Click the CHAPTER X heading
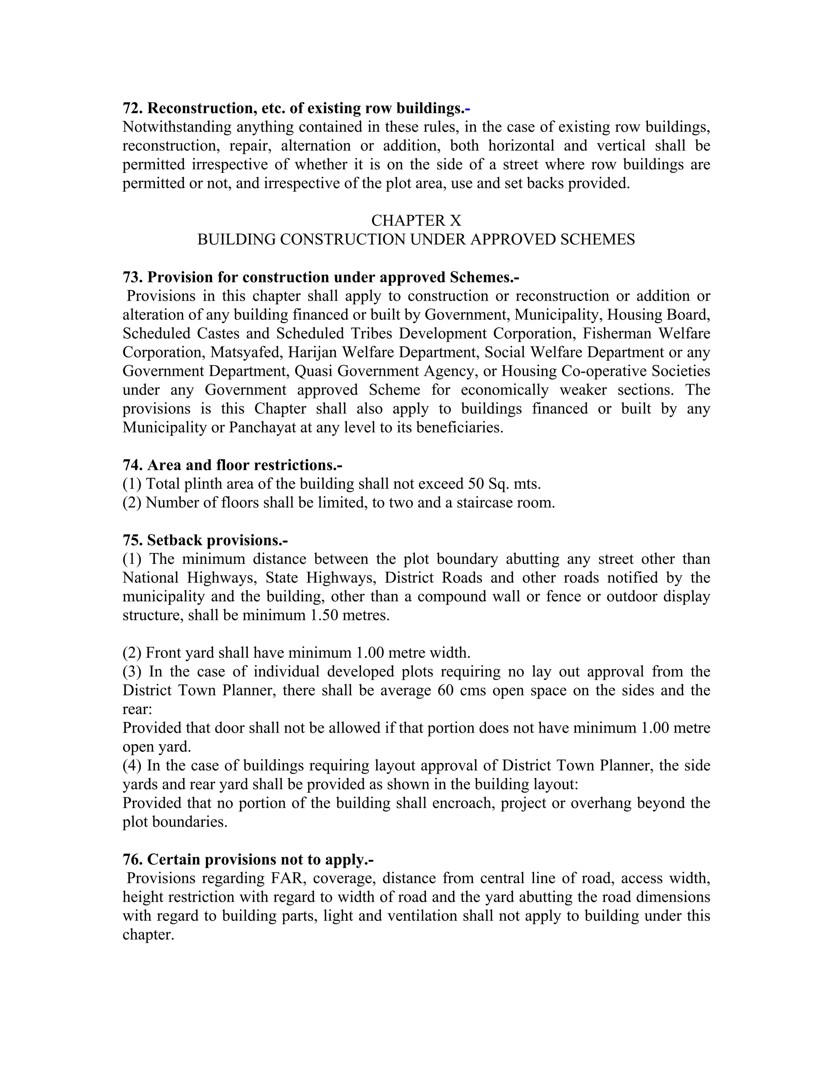(416, 220)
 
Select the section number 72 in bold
(132, 108)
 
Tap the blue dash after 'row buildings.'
(468, 108)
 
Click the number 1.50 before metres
(321, 615)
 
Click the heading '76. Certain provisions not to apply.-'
(248, 860)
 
